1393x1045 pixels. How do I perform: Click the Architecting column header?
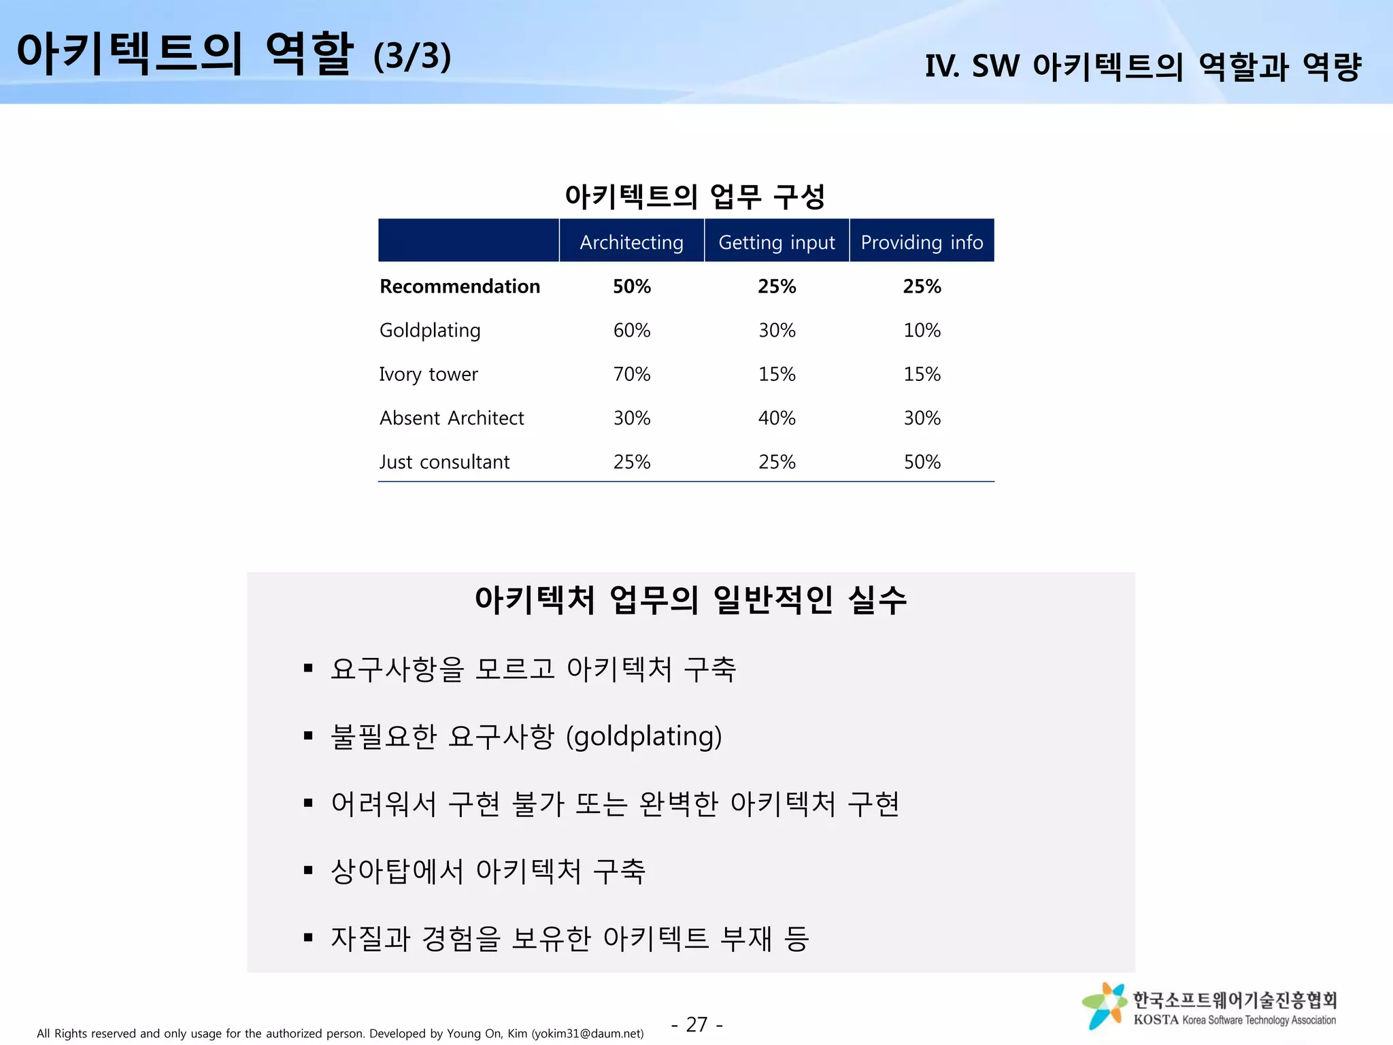point(631,242)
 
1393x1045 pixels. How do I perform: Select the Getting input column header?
point(777,242)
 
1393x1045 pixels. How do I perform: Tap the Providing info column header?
point(922,242)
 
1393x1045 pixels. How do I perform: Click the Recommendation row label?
point(460,286)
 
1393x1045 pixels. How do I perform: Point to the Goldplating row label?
point(430,331)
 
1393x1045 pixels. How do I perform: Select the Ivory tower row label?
point(429,374)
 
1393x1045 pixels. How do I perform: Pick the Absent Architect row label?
point(452,418)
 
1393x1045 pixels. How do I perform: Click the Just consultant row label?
point(444,462)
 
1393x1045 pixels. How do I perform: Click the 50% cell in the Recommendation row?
point(632,286)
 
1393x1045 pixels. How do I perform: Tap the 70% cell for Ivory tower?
point(632,374)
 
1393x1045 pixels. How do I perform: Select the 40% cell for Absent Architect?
point(777,418)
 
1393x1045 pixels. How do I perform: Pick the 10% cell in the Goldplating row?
point(922,331)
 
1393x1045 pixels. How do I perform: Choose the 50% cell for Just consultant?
point(922,462)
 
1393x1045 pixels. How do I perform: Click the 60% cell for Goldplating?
point(632,331)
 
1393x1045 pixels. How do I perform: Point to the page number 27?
point(696,1024)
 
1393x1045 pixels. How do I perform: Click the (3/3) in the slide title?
point(412,56)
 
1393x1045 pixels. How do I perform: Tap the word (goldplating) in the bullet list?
point(643,737)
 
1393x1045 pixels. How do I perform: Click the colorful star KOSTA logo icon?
point(1104,1005)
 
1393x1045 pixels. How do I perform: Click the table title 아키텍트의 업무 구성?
point(694,197)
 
